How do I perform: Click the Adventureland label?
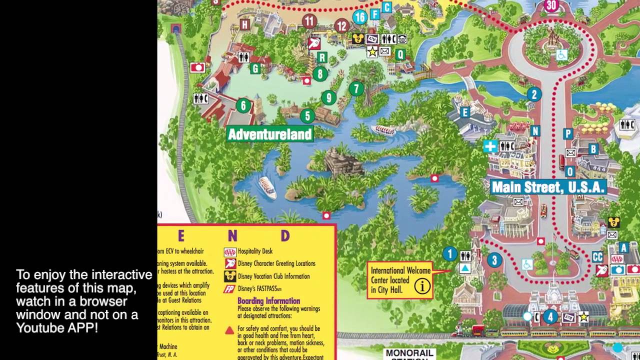(x=270, y=134)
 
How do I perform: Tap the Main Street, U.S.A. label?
(x=548, y=187)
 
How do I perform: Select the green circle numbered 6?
(x=243, y=105)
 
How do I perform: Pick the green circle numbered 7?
(x=356, y=89)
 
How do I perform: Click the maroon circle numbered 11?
(x=309, y=21)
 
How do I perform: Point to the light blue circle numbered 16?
(x=359, y=17)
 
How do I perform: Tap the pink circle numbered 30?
(x=551, y=5)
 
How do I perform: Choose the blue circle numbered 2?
(x=534, y=94)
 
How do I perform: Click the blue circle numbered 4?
(x=550, y=316)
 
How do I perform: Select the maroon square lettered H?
(x=244, y=24)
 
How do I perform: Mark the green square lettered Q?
(x=400, y=54)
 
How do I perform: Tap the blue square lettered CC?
(x=597, y=257)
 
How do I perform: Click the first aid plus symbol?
(x=490, y=146)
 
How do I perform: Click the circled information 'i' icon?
(x=422, y=286)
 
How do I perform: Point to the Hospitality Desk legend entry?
(x=255, y=251)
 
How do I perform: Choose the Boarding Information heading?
(x=268, y=301)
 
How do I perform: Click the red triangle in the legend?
(x=229, y=330)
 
